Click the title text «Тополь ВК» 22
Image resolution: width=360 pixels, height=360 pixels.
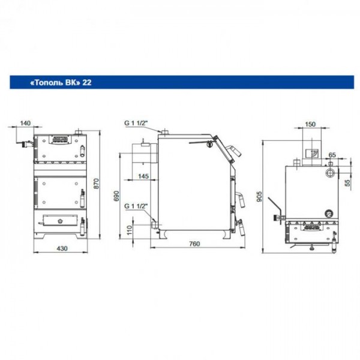pyautogui.click(x=61, y=82)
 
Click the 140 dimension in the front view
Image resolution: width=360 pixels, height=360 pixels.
pyautogui.click(x=25, y=123)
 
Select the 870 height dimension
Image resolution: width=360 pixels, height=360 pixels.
pyautogui.click(x=97, y=184)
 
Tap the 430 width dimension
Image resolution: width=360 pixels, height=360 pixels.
pyautogui.click(x=62, y=248)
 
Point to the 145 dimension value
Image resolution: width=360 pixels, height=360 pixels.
pyautogui.click(x=143, y=176)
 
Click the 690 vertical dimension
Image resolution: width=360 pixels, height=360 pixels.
pyautogui.click(x=116, y=196)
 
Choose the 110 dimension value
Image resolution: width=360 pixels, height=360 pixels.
pyautogui.click(x=130, y=230)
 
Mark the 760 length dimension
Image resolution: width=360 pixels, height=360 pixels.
pyautogui.click(x=194, y=244)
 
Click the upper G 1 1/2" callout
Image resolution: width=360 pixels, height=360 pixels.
pyautogui.click(x=136, y=123)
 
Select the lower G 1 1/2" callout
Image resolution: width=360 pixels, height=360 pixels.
pyautogui.click(x=136, y=206)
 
